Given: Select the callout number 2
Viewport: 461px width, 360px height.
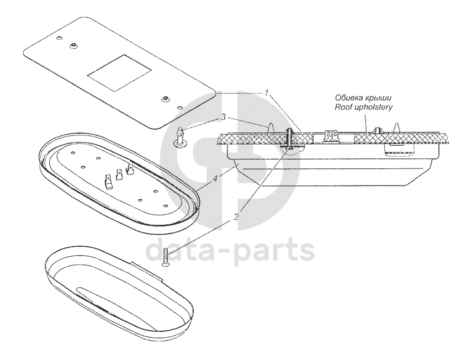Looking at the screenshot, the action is pos(236,217).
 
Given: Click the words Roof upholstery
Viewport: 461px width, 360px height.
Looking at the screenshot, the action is pos(364,108).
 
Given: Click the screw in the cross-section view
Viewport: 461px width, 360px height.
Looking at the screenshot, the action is pos(289,139).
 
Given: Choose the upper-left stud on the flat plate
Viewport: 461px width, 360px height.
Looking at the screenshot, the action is pos(73,45).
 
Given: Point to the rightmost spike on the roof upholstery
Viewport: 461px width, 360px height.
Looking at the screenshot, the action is pos(399,126).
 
